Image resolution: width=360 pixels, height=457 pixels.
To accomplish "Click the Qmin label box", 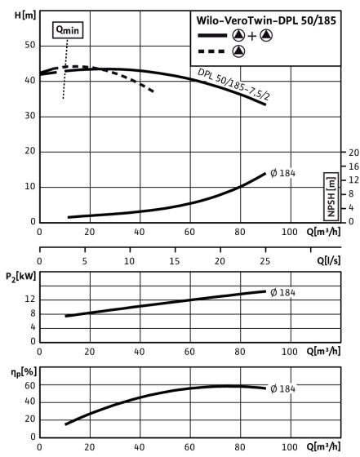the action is (68, 30).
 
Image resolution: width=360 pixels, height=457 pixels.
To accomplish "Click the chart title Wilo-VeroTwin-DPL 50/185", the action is (266, 20).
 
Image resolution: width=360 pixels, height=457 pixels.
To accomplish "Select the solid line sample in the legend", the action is (212, 36).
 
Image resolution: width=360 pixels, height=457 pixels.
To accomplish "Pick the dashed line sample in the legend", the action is (211, 51).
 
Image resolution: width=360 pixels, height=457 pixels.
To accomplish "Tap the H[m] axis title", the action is (25, 16).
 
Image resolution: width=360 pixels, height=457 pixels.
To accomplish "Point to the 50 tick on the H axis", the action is (29, 46).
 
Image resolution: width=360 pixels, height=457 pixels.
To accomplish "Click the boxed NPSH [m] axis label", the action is (331, 197).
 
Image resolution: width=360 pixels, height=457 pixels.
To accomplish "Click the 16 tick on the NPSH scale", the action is (354, 166).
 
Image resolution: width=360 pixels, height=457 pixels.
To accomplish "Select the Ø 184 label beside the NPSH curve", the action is (282, 173).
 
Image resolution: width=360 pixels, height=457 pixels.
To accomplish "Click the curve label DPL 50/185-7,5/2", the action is (233, 84).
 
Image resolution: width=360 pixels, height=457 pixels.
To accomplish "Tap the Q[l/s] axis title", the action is (328, 260).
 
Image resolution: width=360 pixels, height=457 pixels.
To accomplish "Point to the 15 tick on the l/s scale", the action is (175, 261).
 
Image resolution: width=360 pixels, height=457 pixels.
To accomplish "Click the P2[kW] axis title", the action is (21, 277).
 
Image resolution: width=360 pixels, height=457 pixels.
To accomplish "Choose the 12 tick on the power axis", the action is (30, 299).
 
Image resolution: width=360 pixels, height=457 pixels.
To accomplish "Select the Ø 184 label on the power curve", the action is (282, 292).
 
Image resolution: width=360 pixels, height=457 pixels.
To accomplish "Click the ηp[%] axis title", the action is (24, 372).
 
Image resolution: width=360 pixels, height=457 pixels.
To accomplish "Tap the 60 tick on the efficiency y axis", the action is (29, 385).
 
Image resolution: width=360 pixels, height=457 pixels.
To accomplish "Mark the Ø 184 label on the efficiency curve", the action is (282, 388).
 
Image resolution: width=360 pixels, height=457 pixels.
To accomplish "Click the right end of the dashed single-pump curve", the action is (153, 91).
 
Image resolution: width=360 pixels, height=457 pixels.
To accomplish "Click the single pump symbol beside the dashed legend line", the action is (238, 51).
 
